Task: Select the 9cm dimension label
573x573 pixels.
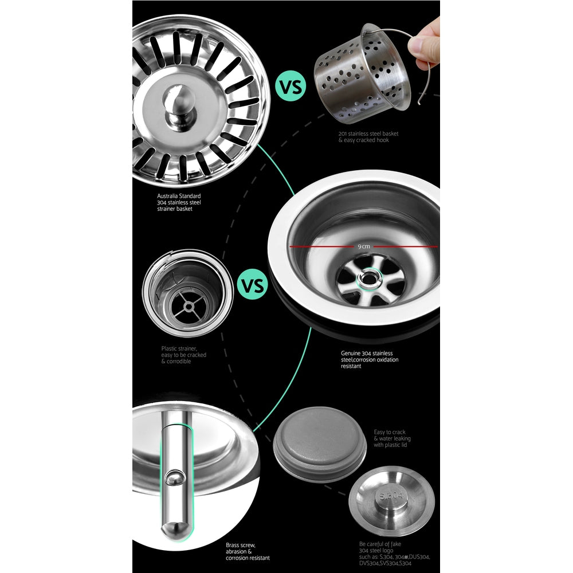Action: pyautogui.click(x=363, y=246)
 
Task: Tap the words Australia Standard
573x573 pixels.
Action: pyautogui.click(x=178, y=196)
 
